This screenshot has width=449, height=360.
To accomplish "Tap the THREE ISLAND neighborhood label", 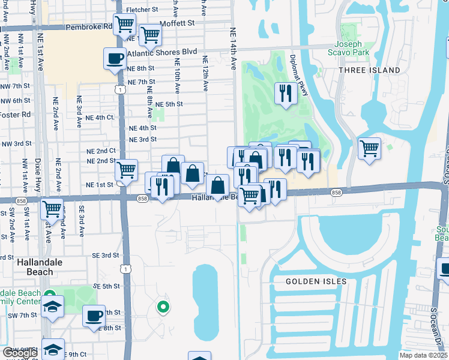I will (369, 70).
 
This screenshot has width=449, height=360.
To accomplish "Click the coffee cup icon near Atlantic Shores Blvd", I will (115, 58).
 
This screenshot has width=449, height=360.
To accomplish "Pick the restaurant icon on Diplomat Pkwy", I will (285, 93).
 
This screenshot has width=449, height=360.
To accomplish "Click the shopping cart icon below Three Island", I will (369, 147).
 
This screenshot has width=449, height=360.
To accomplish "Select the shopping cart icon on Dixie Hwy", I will (52, 209).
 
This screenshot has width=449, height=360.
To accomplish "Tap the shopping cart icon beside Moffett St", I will (149, 34).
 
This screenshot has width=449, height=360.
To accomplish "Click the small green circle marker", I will (162, 308).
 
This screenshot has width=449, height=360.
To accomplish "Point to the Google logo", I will (19, 353).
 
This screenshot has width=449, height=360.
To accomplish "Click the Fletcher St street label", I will (142, 10).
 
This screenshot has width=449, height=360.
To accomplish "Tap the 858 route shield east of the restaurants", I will (336, 192).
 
